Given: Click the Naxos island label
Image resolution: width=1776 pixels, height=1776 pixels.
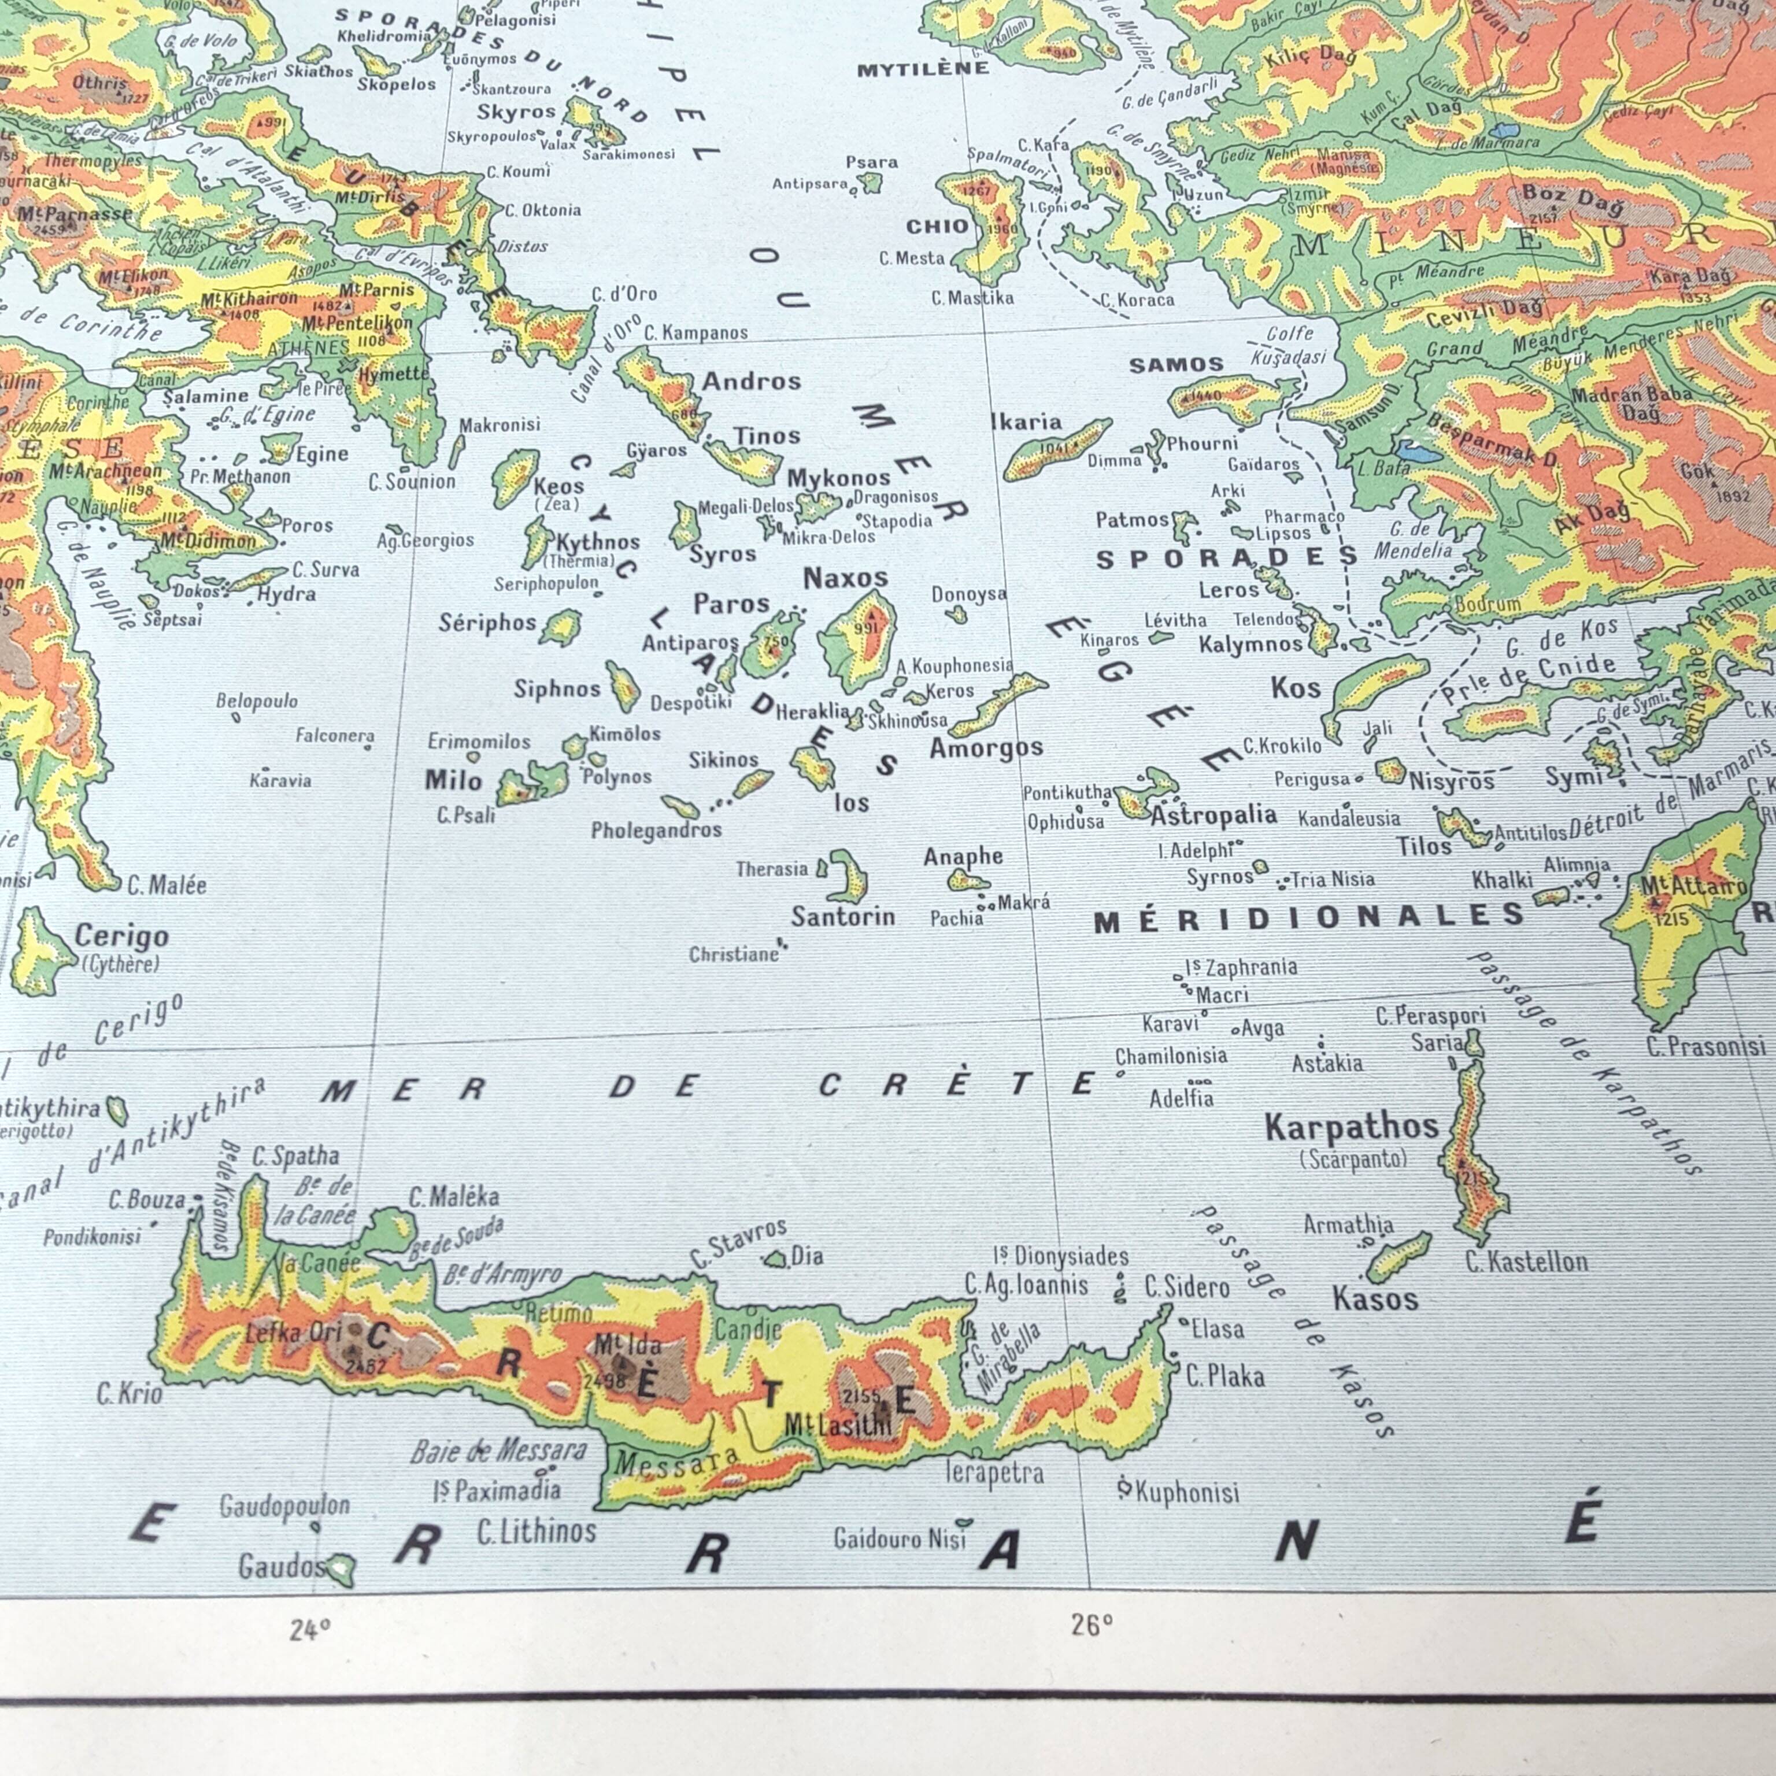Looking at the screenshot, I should click(845, 578).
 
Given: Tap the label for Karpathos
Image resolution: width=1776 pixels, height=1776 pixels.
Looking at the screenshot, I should click(1350, 1127).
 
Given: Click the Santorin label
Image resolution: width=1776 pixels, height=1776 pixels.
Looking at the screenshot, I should click(843, 916).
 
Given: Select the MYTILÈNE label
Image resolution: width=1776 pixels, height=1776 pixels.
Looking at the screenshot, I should click(922, 69).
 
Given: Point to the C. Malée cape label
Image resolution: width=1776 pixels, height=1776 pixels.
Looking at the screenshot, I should click(166, 885).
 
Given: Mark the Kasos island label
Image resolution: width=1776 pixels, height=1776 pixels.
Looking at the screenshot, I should click(1375, 1299).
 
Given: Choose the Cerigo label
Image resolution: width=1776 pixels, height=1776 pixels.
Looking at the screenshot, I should click(121, 937).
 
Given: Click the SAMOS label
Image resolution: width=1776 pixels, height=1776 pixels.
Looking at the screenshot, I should click(1176, 365).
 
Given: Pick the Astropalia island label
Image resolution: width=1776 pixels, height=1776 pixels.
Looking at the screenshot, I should click(1213, 815).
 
